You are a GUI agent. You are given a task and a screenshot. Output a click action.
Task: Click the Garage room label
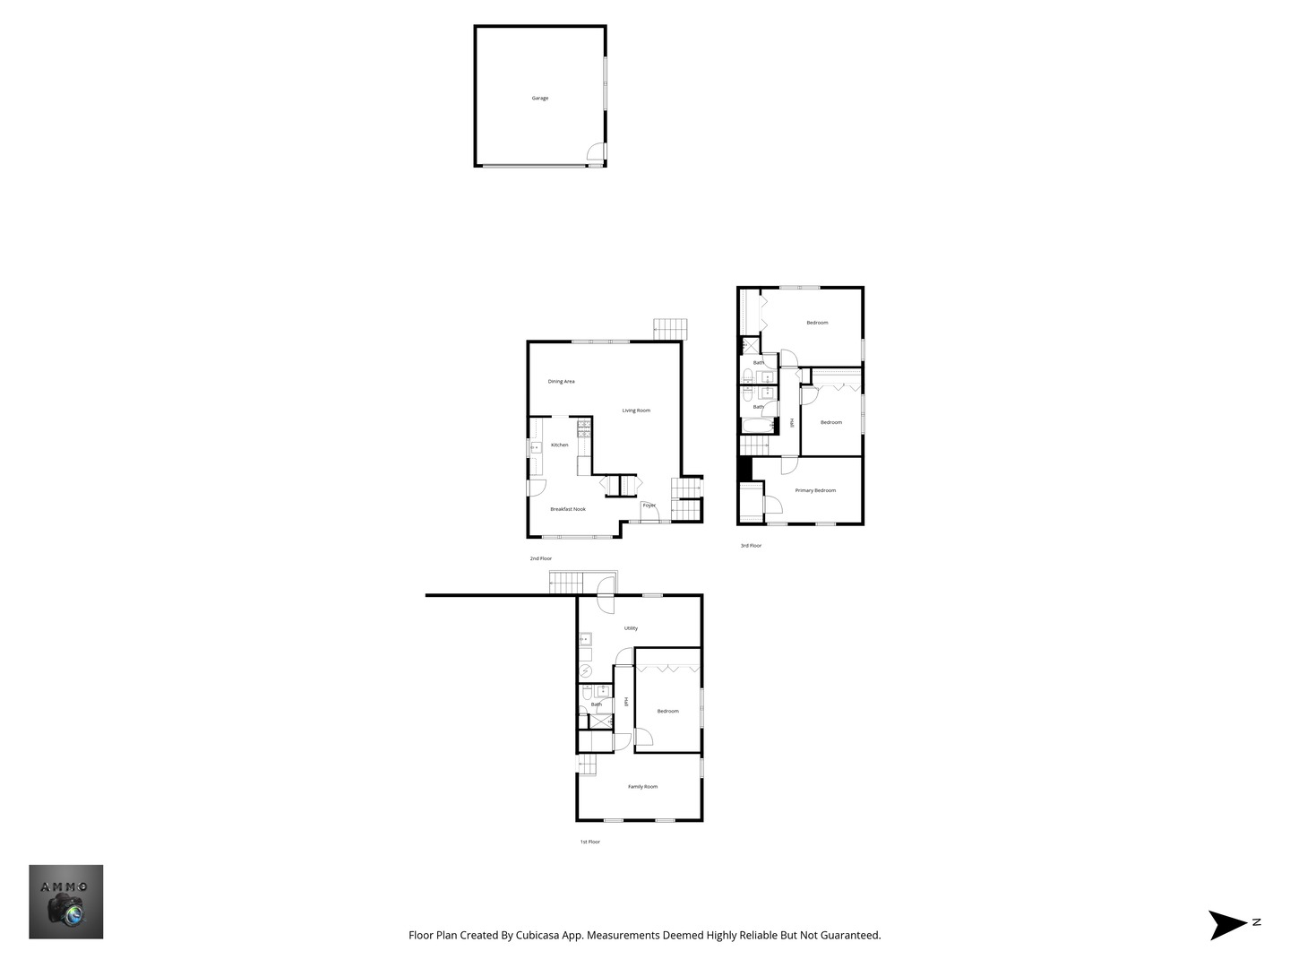539,99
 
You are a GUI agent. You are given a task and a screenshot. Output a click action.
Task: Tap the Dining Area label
561,382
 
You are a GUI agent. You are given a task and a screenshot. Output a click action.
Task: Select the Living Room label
636,411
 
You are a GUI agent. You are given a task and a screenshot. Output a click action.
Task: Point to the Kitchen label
559,445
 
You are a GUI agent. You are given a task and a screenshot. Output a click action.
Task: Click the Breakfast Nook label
568,509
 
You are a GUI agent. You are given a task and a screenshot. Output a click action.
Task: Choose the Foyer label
649,506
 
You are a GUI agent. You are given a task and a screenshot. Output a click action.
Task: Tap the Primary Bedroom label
815,490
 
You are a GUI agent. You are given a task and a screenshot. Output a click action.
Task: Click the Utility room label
631,628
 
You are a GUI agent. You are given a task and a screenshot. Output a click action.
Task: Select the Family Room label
642,786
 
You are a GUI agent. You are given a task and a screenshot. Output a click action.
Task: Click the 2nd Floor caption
541,558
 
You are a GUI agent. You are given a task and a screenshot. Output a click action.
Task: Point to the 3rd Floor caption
751,546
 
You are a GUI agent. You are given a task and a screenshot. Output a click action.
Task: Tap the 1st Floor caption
590,842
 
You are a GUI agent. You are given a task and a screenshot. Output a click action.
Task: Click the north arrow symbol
1228,924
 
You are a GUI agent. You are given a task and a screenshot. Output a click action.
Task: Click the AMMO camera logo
65,902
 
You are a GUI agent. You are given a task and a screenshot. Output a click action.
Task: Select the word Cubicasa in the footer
537,935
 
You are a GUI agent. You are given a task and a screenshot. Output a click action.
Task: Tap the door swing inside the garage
596,151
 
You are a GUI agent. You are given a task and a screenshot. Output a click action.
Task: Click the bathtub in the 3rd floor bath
757,426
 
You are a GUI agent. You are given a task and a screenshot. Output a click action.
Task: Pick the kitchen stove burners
583,428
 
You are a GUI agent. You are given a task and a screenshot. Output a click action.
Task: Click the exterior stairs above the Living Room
670,329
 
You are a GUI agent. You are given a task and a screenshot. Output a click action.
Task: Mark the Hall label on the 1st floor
626,702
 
